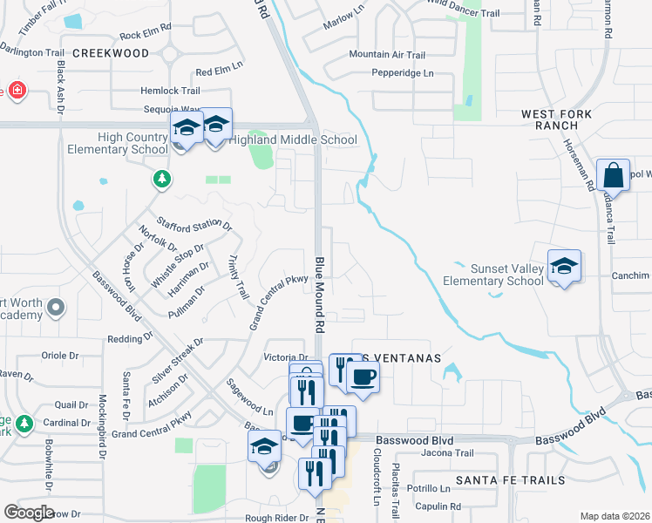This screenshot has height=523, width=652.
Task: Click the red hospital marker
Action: tap(17, 91)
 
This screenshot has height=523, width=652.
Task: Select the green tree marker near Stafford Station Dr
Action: tap(161, 180)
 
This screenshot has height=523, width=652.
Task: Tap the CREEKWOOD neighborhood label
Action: tap(111, 53)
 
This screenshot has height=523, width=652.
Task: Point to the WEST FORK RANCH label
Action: tap(556, 120)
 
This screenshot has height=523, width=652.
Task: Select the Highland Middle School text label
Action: tap(293, 139)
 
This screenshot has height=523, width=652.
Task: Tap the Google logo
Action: tap(29, 513)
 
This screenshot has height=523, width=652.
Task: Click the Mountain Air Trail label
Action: tap(387, 55)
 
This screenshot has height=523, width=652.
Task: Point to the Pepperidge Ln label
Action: tap(402, 73)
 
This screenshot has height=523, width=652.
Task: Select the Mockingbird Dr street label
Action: tap(101, 427)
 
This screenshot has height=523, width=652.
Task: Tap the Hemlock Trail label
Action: tap(171, 91)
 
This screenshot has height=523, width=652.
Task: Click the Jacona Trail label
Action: tap(447, 453)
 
